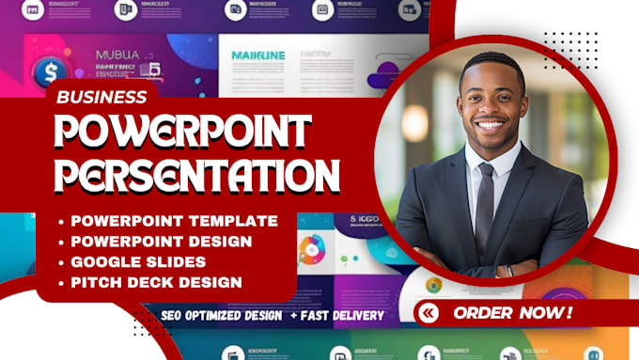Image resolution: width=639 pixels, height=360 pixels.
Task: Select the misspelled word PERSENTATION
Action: [195, 176]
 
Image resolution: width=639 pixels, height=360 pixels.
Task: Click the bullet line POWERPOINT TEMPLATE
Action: [174, 221]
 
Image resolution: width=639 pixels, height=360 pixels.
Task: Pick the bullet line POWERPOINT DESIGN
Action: [162, 241]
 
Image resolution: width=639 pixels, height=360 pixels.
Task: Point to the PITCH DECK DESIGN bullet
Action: [156, 281]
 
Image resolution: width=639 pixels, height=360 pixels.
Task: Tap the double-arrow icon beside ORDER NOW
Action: [429, 312]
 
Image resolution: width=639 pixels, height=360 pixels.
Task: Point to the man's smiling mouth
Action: [489, 123]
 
